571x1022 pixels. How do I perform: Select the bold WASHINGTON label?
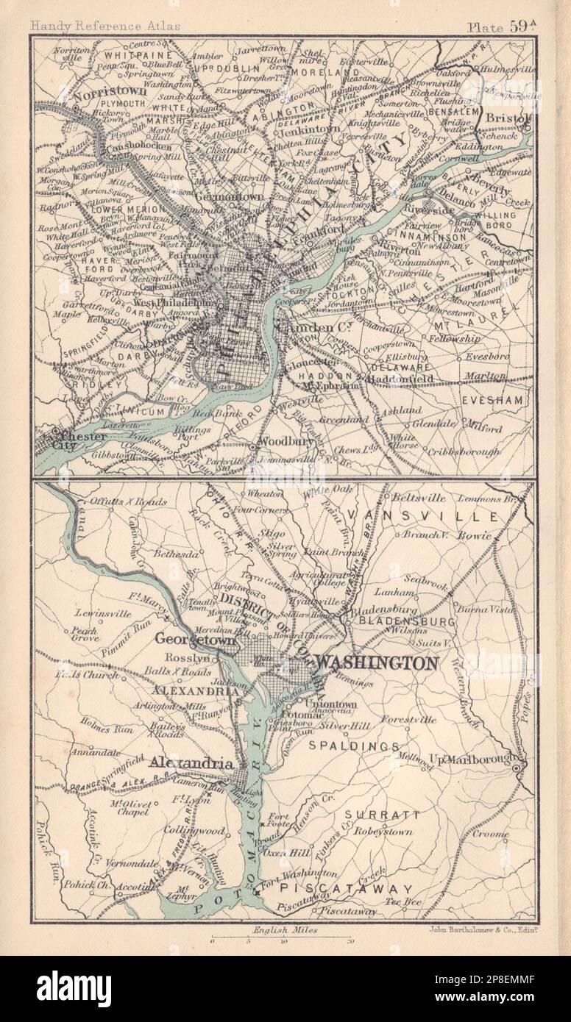(375, 662)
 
